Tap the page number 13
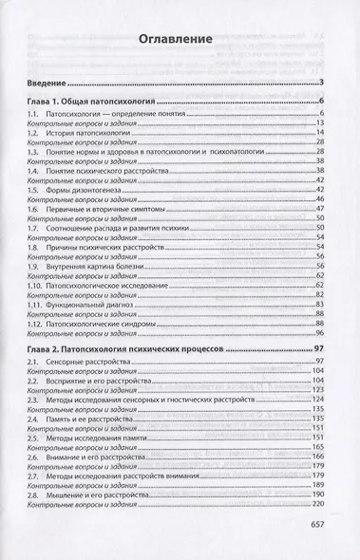(x=323, y=124)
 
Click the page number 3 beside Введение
(x=324, y=84)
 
